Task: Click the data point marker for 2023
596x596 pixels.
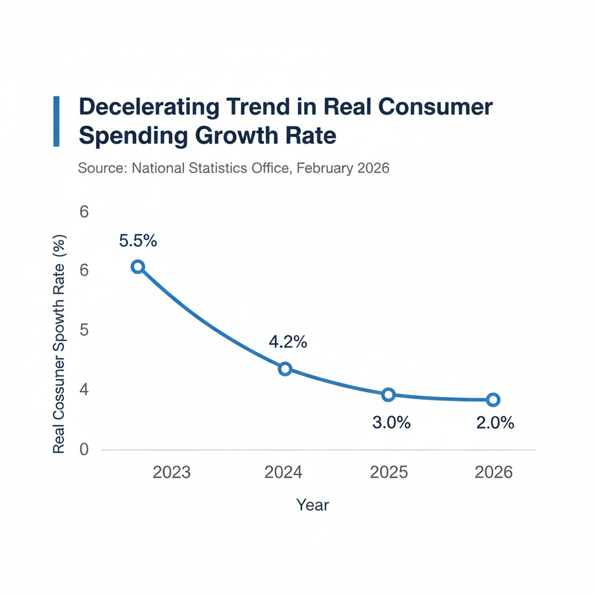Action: click(137, 267)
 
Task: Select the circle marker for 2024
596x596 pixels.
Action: click(285, 368)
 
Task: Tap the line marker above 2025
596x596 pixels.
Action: click(389, 395)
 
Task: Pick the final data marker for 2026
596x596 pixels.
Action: click(493, 399)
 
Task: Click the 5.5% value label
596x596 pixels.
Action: click(138, 240)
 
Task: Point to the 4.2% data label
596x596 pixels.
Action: click(288, 342)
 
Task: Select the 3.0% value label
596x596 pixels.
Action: click(391, 423)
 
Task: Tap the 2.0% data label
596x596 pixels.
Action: click(495, 423)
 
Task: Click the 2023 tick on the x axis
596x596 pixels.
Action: click(172, 471)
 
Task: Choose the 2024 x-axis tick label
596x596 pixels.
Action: click(283, 471)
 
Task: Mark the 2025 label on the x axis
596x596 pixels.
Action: click(389, 471)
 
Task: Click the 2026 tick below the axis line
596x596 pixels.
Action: click(494, 471)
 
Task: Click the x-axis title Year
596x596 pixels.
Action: click(313, 505)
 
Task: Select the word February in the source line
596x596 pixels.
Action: click(324, 168)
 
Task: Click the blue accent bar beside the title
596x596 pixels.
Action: click(56, 121)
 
